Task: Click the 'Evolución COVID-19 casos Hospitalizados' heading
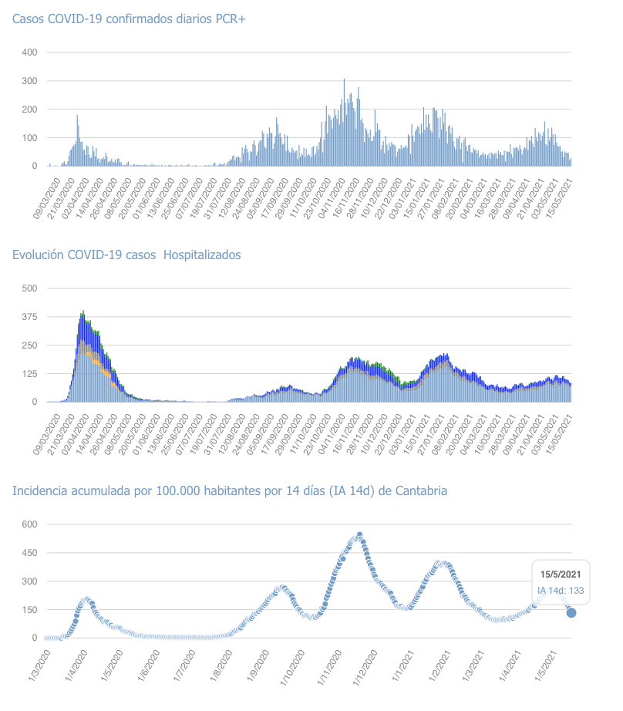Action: tap(126, 254)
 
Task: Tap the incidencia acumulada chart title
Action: tap(229, 490)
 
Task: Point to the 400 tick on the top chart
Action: tap(30, 52)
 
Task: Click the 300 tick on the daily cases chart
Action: tap(30, 81)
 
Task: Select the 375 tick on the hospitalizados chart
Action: tap(30, 316)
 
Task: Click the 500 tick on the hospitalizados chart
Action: tap(30, 288)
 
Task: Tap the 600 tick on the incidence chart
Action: tap(30, 524)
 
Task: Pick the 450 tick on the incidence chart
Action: tap(30, 553)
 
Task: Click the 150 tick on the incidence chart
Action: tap(30, 610)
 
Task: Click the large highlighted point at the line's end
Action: tap(571, 612)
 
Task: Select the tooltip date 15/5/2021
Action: tap(561, 575)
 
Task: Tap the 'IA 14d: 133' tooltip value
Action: tap(561, 591)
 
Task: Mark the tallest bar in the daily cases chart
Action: tap(344, 80)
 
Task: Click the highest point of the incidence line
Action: tap(359, 535)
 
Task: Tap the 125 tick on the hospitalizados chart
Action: tap(30, 373)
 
